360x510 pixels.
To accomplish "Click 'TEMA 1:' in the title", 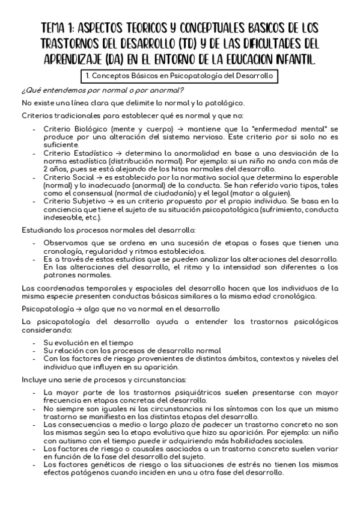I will (63, 29).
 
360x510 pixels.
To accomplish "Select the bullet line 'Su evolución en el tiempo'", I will (89, 342).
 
